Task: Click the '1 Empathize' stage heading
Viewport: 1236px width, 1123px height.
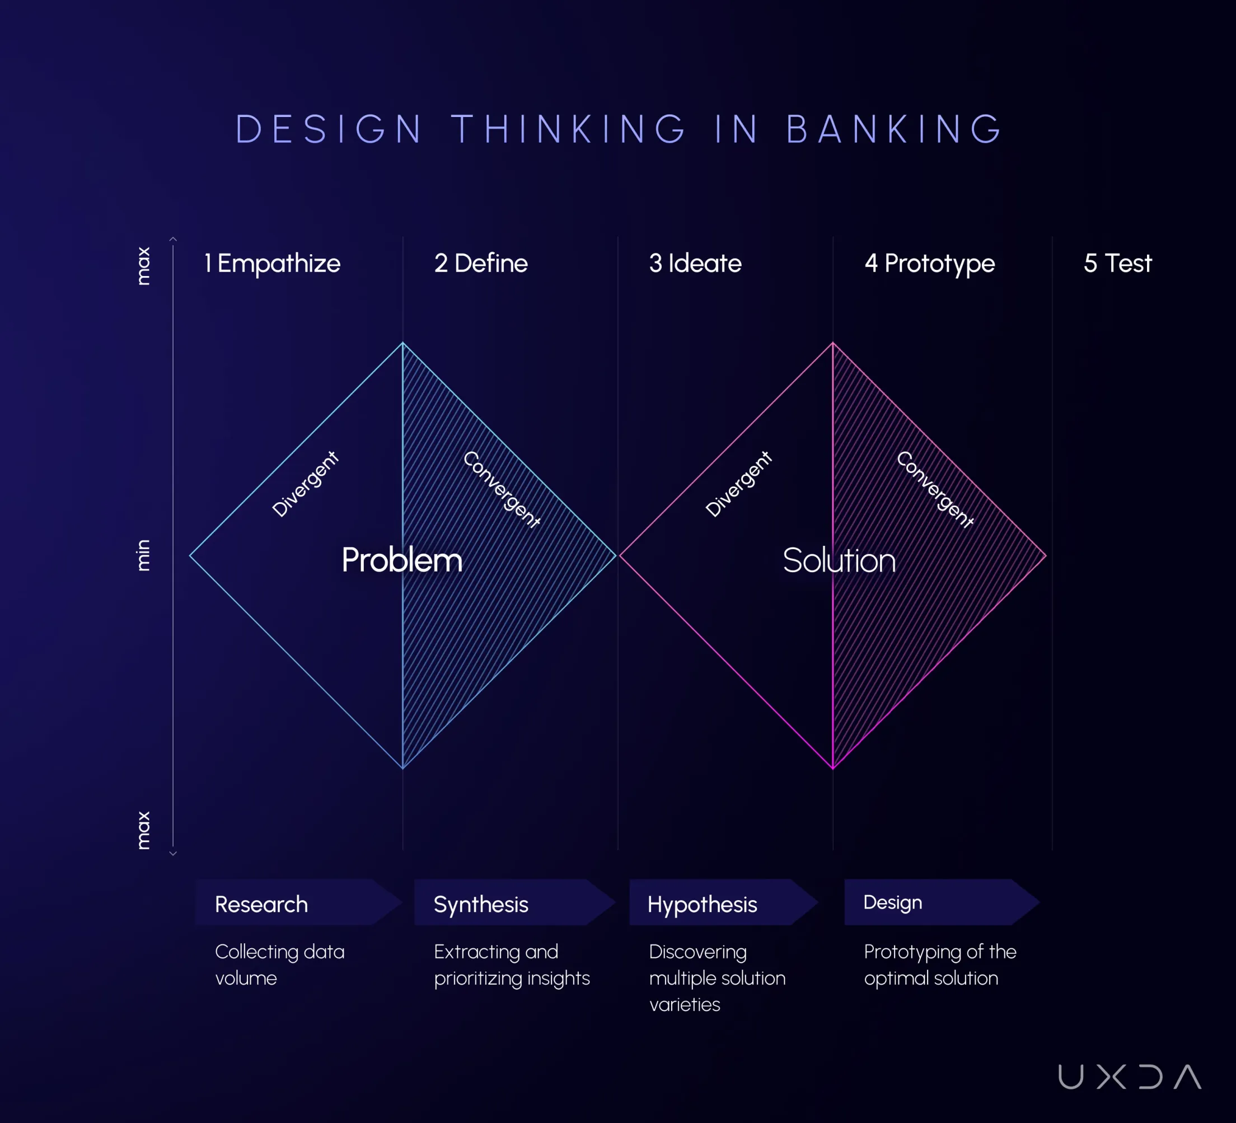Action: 272,264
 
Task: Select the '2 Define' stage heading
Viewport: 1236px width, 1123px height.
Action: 481,264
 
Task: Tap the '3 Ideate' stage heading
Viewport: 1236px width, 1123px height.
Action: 695,264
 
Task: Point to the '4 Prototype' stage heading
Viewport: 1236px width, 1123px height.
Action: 929,264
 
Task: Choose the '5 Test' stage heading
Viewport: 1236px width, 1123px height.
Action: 1118,264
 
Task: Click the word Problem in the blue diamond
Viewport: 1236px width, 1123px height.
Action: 402,560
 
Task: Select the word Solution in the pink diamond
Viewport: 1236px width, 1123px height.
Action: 839,560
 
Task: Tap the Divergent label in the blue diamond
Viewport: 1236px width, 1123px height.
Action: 305,484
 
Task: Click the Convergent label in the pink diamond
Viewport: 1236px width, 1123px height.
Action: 934,489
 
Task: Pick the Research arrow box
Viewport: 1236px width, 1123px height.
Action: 298,902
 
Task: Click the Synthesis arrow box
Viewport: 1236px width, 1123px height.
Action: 515,902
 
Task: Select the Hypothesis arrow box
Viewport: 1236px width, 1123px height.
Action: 724,902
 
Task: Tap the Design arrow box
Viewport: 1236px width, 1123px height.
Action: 942,902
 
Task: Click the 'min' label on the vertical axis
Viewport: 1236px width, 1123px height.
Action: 143,555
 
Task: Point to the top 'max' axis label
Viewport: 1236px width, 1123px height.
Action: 143,266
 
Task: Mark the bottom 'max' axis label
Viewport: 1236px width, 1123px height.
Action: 143,831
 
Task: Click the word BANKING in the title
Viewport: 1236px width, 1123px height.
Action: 894,129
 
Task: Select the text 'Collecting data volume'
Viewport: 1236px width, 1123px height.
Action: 279,965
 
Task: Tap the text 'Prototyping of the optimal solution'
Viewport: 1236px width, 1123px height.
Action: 940,965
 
